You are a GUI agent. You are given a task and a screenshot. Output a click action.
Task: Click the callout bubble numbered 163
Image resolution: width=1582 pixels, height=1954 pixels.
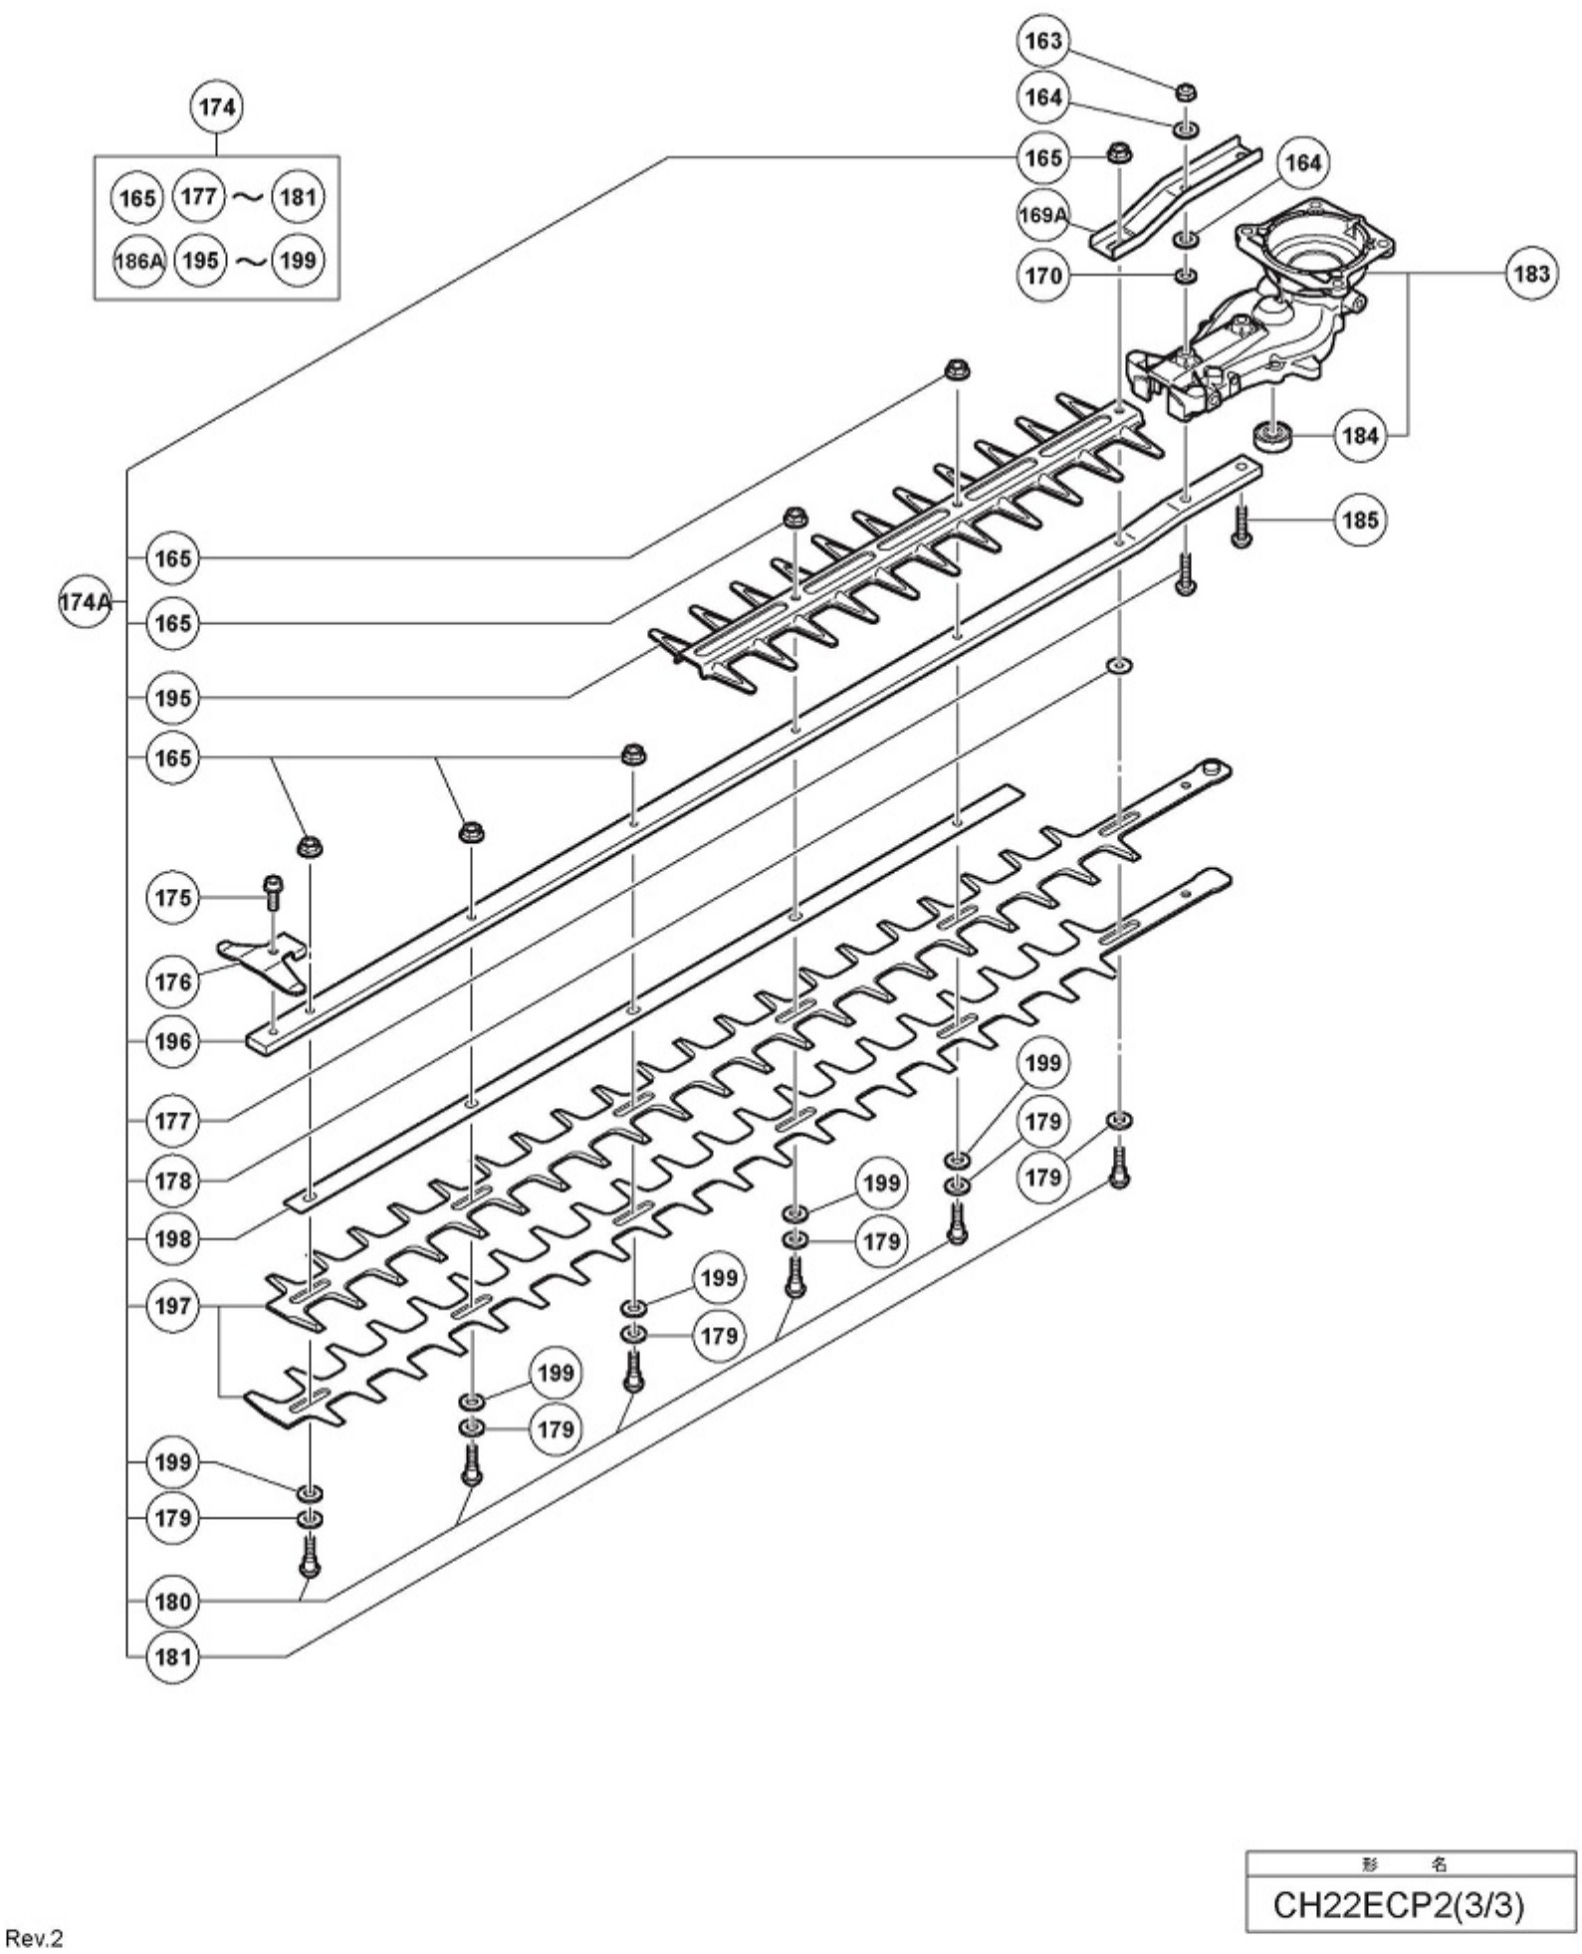[1042, 41]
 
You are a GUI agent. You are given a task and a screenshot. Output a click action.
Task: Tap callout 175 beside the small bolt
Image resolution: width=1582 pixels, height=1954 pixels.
[173, 898]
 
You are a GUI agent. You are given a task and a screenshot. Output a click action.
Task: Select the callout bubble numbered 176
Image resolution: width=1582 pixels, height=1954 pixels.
[173, 981]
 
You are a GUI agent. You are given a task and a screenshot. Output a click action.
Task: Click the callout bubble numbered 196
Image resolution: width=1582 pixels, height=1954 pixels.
[173, 1042]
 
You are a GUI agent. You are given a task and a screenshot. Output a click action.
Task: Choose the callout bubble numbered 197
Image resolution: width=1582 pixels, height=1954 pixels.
[173, 1305]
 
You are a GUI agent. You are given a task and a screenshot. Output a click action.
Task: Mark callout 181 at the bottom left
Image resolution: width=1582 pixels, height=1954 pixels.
[173, 1657]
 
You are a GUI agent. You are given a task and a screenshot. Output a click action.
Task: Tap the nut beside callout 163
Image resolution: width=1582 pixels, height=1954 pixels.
[1185, 93]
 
